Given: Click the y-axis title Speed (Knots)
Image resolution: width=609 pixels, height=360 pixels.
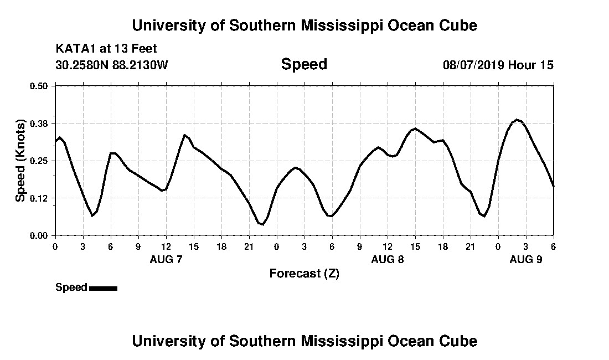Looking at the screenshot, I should click(x=20, y=161).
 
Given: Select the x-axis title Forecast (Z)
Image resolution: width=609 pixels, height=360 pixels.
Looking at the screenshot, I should click(x=304, y=274).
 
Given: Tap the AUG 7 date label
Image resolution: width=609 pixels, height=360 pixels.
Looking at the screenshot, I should click(x=166, y=259).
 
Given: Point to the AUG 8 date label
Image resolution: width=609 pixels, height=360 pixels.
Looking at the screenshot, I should click(x=388, y=259).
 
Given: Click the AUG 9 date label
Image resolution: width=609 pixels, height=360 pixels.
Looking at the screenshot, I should click(x=526, y=259).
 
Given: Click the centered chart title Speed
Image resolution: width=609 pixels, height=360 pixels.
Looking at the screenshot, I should click(x=304, y=64).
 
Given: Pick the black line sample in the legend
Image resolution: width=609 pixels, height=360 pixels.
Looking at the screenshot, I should click(x=103, y=288).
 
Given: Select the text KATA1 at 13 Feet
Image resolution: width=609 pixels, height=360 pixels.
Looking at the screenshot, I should click(x=106, y=49).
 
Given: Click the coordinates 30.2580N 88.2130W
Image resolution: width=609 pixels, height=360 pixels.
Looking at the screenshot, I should click(x=112, y=65).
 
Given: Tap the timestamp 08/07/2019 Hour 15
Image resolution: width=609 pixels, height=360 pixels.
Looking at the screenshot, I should click(x=498, y=65).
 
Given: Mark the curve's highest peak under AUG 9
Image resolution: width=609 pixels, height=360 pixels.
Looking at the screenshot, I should click(x=517, y=120).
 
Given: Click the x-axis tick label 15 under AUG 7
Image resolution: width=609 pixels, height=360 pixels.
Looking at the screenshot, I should click(x=194, y=246).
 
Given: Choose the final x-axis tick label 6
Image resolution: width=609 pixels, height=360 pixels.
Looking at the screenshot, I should click(x=554, y=246).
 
